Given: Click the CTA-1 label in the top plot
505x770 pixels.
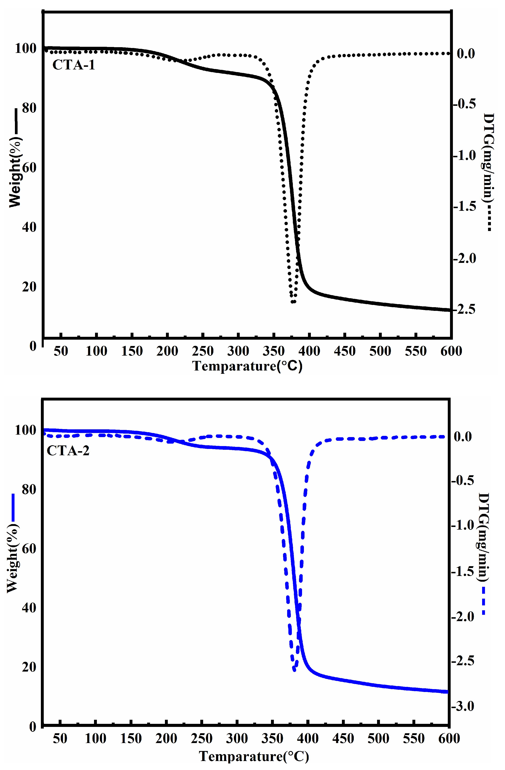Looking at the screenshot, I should point(74,65).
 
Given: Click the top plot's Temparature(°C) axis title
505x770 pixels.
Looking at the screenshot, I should point(247,366).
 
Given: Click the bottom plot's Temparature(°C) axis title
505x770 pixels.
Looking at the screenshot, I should point(254,756).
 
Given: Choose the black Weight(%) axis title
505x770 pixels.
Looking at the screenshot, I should point(15,172).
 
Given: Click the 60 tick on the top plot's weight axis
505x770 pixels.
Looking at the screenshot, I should point(29,167).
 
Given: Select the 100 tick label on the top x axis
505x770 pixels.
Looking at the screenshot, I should point(96,351).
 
